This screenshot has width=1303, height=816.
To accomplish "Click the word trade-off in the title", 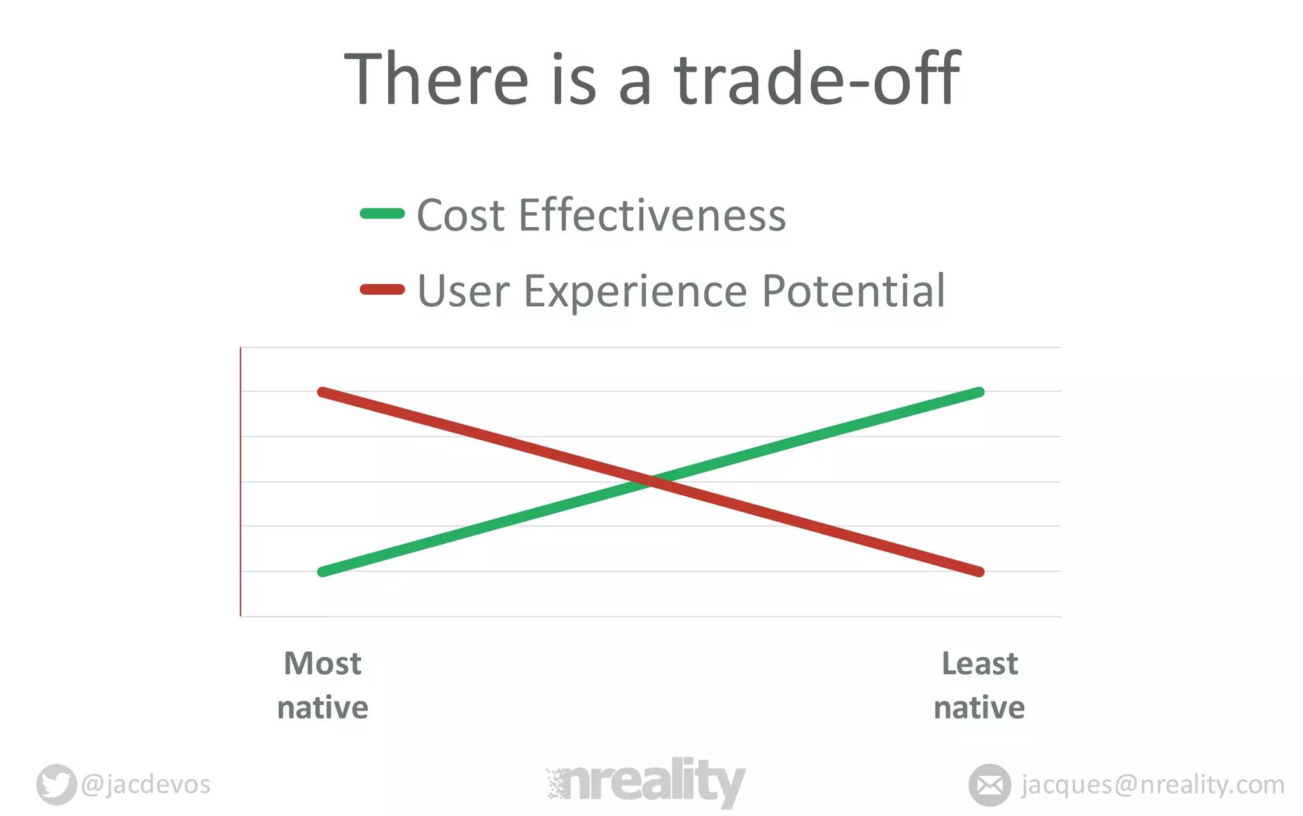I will (x=817, y=80).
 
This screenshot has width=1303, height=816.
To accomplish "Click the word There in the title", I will (x=436, y=80).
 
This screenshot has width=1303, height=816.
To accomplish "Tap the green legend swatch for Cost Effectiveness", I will (x=382, y=214).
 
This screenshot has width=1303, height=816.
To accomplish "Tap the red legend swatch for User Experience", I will (x=382, y=290).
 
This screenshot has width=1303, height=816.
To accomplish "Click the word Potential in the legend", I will (x=853, y=291).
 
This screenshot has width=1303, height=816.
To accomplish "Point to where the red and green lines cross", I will (x=651, y=482).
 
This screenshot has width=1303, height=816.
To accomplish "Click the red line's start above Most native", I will (x=323, y=392).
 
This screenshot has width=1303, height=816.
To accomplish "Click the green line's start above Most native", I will (x=323, y=572).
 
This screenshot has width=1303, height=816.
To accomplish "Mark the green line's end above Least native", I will (x=980, y=392).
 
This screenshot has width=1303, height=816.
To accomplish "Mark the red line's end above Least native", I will (x=980, y=572).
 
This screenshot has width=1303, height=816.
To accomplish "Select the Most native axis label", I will (x=323, y=686).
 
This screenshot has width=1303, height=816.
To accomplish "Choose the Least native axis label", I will (x=979, y=686).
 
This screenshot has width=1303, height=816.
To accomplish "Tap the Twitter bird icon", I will (x=56, y=784).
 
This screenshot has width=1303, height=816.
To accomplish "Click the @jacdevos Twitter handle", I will (x=146, y=785).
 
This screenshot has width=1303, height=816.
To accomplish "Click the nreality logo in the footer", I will (x=645, y=782).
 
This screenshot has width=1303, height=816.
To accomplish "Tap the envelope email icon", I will (x=989, y=785).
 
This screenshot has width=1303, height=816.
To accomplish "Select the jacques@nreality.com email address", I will (x=1152, y=785).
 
